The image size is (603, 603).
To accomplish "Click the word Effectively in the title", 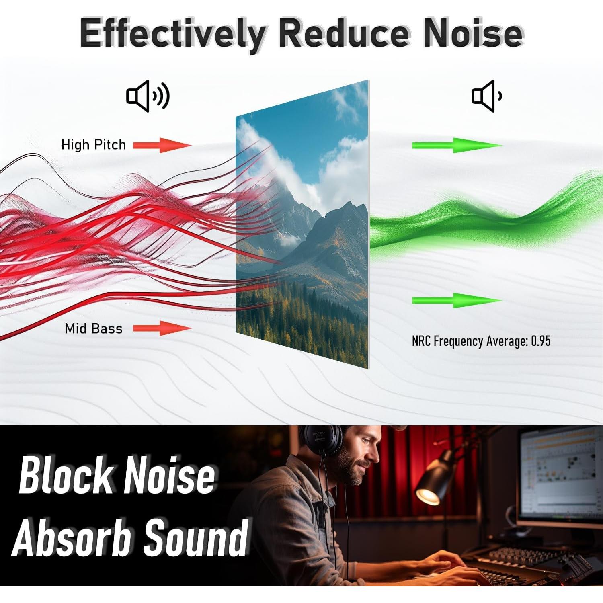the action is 173,33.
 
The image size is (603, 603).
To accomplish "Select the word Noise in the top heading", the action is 474,33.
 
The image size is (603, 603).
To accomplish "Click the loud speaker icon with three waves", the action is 148,96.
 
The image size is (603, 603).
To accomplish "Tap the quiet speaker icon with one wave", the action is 487,96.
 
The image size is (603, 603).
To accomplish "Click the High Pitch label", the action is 94,145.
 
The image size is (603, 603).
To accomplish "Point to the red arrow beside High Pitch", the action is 162,145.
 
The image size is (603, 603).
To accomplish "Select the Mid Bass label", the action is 94,328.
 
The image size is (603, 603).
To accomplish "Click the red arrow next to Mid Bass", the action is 162,328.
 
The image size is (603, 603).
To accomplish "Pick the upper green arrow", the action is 457,145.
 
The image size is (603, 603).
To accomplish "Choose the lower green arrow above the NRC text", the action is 457,301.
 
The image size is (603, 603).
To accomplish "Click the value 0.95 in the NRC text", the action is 541,341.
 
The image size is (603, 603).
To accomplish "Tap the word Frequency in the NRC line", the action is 458,342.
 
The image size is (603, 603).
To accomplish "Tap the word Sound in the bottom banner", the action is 196,537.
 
